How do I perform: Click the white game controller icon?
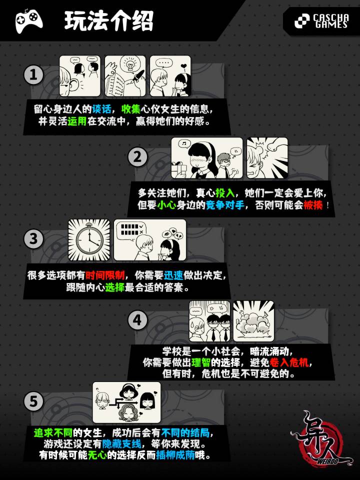(x=29, y=20)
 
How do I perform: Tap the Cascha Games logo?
(x=321, y=21)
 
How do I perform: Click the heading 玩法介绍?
(x=109, y=21)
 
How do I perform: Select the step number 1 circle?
(x=33, y=75)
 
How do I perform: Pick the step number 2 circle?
(x=138, y=157)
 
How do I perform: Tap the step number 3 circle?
(x=33, y=239)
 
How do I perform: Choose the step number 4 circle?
(x=138, y=320)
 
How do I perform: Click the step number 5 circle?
(x=33, y=401)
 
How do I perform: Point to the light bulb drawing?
(x=128, y=65)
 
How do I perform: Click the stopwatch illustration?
(x=89, y=240)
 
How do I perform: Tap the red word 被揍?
(x=313, y=205)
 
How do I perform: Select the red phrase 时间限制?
(x=105, y=275)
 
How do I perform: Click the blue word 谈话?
(x=101, y=109)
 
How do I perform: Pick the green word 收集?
(x=131, y=109)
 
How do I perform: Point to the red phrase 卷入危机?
(x=289, y=362)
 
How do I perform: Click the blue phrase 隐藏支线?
(x=122, y=443)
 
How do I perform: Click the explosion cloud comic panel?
(x=253, y=321)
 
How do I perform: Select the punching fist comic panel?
(x=267, y=157)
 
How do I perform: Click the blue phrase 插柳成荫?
(x=175, y=455)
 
